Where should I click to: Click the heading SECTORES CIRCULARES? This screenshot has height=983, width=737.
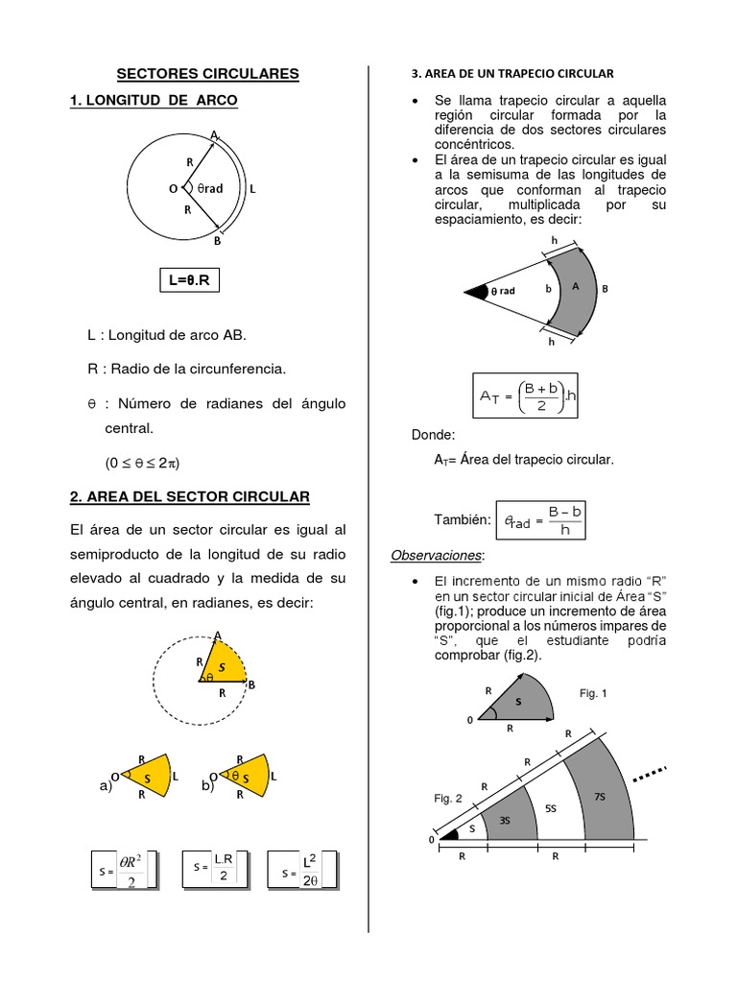[208, 73]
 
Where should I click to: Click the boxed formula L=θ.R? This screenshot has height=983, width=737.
[196, 280]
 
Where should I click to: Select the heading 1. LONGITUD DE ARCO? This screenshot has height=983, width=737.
[154, 100]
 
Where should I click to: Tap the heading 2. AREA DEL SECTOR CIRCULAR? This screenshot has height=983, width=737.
[190, 496]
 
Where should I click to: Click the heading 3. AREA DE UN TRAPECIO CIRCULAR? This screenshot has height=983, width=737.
[511, 73]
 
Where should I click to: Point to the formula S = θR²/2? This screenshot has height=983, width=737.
[123, 870]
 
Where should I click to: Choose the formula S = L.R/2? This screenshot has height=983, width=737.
[215, 870]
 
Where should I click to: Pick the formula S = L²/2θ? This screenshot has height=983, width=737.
[304, 870]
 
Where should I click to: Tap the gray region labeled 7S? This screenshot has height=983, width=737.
[600, 797]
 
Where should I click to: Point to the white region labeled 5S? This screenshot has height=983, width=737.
[551, 808]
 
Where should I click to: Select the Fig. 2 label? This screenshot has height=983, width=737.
[447, 798]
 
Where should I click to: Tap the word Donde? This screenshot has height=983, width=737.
[432, 435]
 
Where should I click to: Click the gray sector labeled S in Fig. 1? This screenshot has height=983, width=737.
[519, 703]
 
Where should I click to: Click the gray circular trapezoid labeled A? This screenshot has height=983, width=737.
[575, 287]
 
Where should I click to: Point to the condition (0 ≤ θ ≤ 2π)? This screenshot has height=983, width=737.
[143, 462]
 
